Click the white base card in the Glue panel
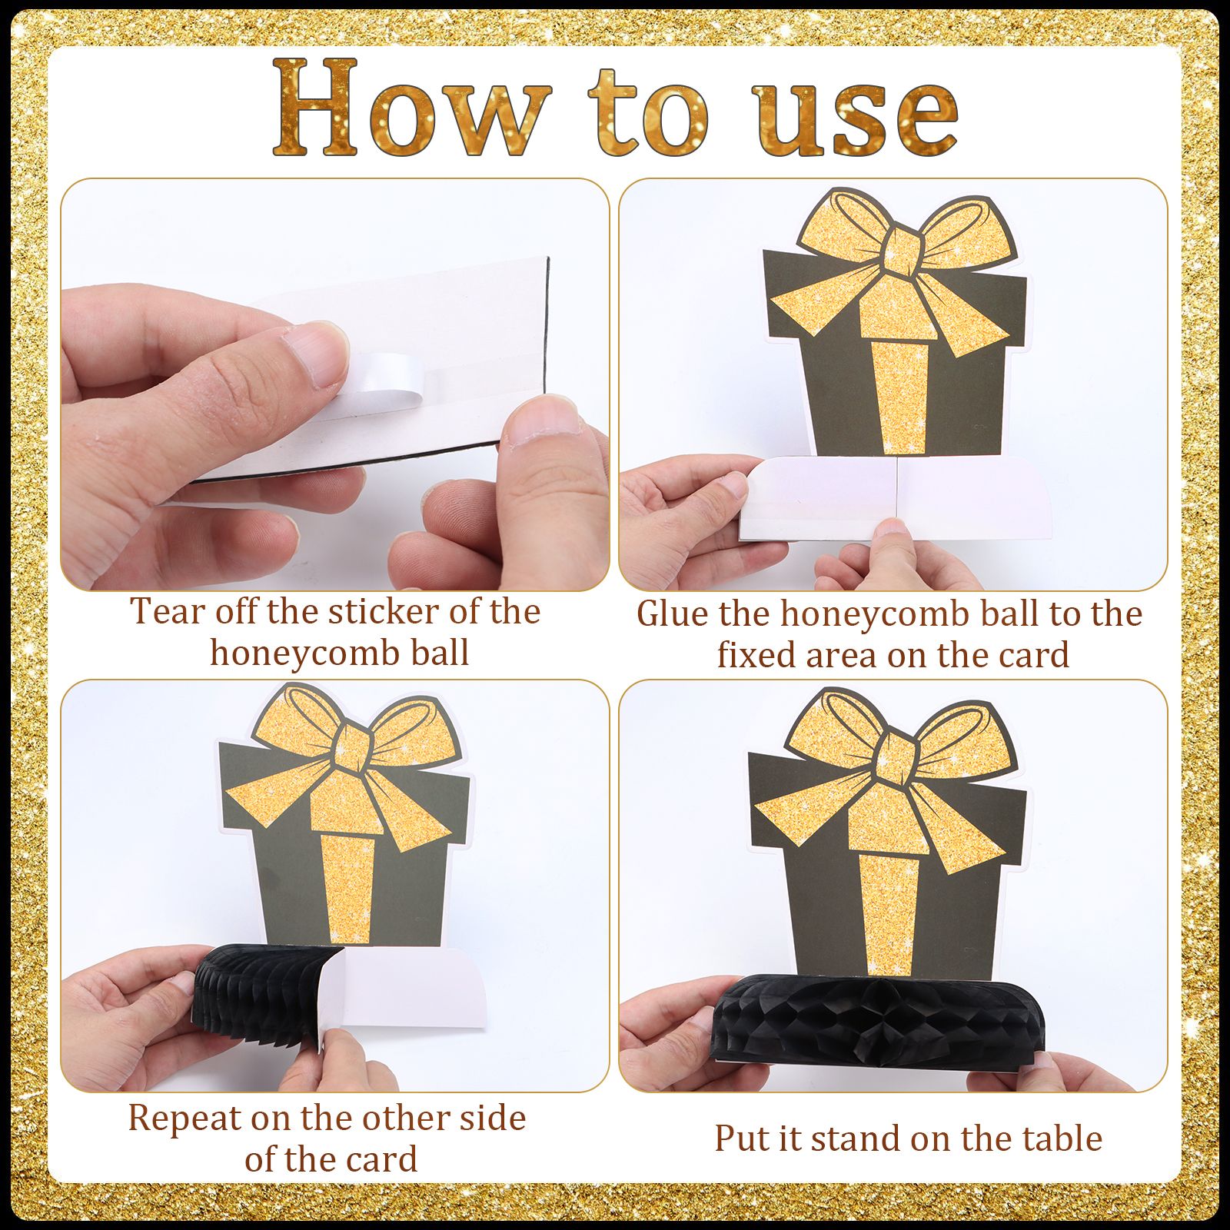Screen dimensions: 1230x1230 [x=896, y=497]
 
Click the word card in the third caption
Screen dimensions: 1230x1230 [x=381, y=1159]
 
